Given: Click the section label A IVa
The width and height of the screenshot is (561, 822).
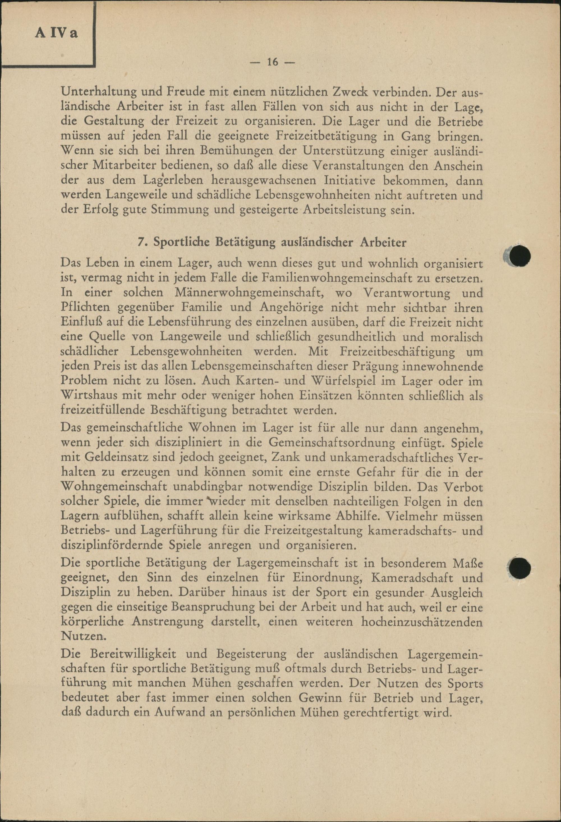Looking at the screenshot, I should tap(56, 33).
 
